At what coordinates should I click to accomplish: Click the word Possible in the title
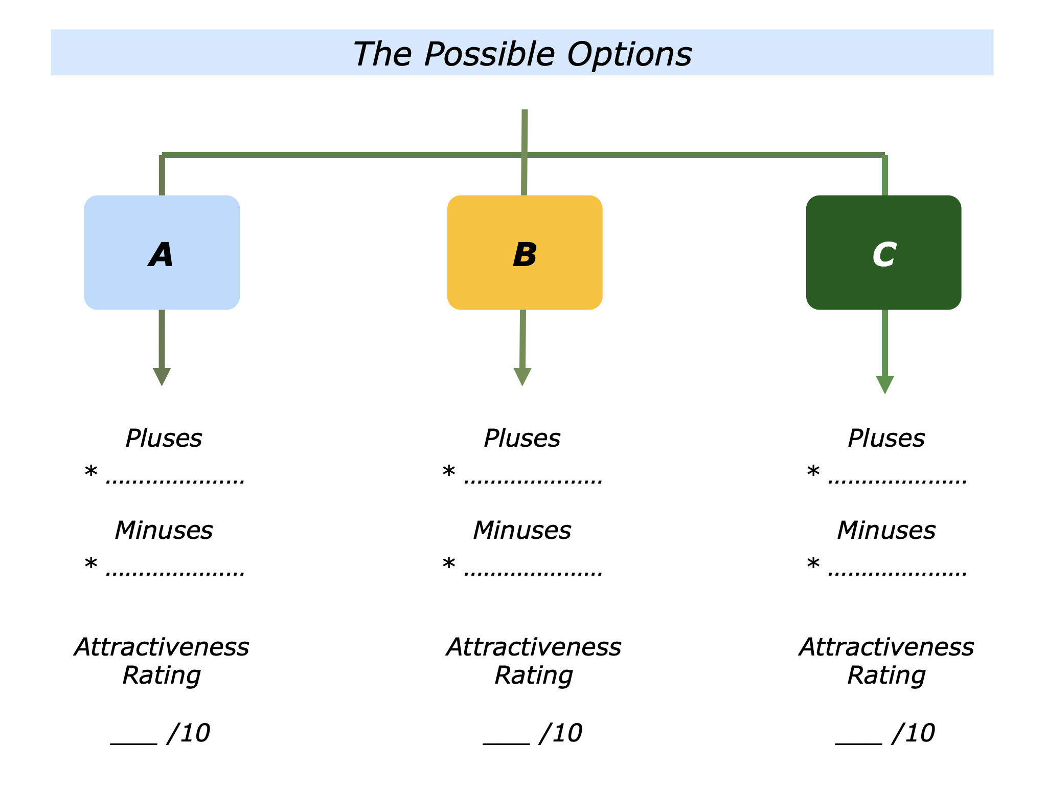pyautogui.click(x=489, y=54)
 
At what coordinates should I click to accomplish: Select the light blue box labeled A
pyautogui.click(x=162, y=252)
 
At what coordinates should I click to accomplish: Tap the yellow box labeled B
pyautogui.click(x=525, y=252)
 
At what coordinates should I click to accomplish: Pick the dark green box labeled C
pyautogui.click(x=883, y=252)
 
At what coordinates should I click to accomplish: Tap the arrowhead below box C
pyautogui.click(x=884, y=384)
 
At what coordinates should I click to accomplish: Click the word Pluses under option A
pyautogui.click(x=164, y=439)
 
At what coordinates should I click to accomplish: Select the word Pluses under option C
pyautogui.click(x=886, y=439)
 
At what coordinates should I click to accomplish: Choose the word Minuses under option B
pyautogui.click(x=522, y=531)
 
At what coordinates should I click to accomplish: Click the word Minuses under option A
pyautogui.click(x=164, y=531)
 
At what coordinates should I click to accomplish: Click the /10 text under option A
pyautogui.click(x=188, y=733)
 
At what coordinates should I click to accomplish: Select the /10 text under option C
pyautogui.click(x=913, y=733)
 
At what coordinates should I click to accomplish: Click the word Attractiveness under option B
pyautogui.click(x=533, y=647)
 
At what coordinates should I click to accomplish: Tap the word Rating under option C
pyautogui.click(x=886, y=675)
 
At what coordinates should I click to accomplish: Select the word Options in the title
pyautogui.click(x=629, y=54)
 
